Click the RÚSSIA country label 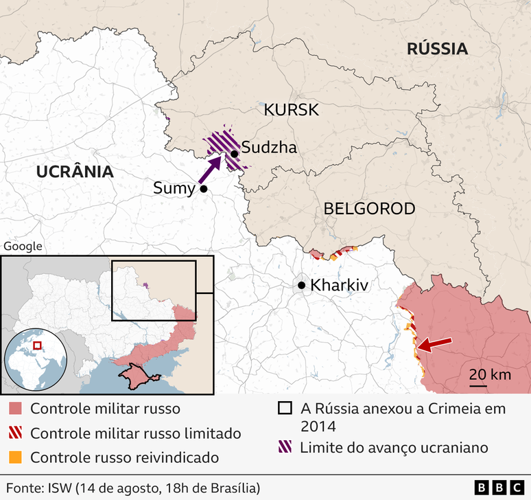pyautogui.click(x=437, y=49)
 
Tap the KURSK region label pyautogui.click(x=292, y=110)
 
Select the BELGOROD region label pyautogui.click(x=369, y=208)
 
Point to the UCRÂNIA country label pyautogui.click(x=75, y=172)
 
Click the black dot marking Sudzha pyautogui.click(x=235, y=154)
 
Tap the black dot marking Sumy pyautogui.click(x=204, y=189)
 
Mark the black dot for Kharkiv pyautogui.click(x=301, y=285)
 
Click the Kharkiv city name pyautogui.click(x=340, y=285)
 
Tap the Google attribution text pyautogui.click(x=23, y=247)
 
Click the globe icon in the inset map pyautogui.click(x=35, y=359)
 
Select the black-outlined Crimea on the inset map pyautogui.click(x=139, y=375)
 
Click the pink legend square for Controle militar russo pyautogui.click(x=15, y=409)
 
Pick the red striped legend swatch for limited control pyautogui.click(x=15, y=433)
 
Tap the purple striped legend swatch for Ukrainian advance pyautogui.click(x=285, y=448)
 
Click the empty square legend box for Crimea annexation pyautogui.click(x=285, y=409)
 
